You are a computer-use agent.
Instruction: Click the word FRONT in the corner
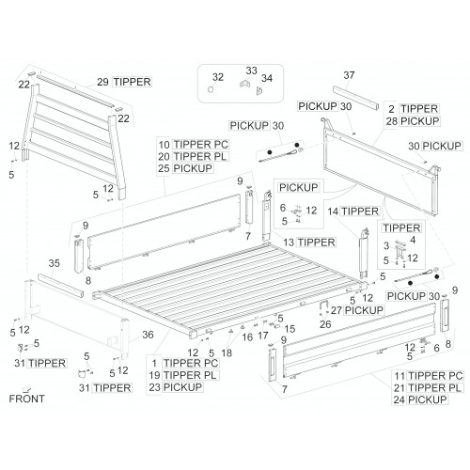(x=26, y=399)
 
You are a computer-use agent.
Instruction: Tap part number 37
(x=349, y=75)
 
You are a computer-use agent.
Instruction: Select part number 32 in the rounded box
(x=218, y=77)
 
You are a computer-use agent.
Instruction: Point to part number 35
(x=54, y=263)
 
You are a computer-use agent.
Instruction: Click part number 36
(x=148, y=335)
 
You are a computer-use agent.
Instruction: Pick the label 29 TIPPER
(x=124, y=82)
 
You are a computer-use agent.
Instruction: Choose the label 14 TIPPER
(x=353, y=211)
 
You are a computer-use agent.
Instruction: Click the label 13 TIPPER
(x=309, y=243)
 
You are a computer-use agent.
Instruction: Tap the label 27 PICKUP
(x=357, y=310)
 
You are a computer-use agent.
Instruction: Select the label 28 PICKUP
(x=413, y=121)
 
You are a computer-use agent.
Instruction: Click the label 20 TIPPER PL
(x=193, y=156)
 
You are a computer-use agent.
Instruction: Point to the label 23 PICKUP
(x=176, y=387)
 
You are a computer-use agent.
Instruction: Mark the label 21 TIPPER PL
(x=428, y=388)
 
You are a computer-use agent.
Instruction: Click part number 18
(x=227, y=352)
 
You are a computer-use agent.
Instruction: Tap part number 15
(x=290, y=329)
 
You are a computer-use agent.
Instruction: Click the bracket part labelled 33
(x=245, y=84)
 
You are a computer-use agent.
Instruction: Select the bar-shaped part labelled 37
(x=355, y=98)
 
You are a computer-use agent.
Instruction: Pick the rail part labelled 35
(x=60, y=286)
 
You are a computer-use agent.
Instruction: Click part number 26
(x=325, y=324)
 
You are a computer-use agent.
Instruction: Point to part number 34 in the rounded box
(x=267, y=78)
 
